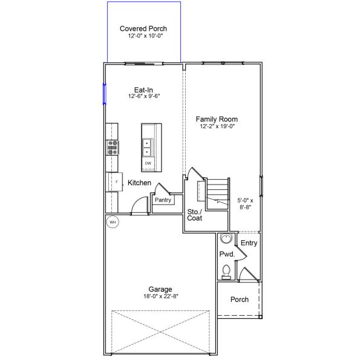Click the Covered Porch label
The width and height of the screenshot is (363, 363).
(x=143, y=28)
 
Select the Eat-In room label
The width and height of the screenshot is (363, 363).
(x=143, y=89)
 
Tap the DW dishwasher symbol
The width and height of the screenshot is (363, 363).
(x=148, y=163)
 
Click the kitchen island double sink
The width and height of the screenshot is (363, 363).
(x=147, y=148)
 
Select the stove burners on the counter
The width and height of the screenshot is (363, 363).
(x=113, y=146)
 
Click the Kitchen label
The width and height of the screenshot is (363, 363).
(x=139, y=183)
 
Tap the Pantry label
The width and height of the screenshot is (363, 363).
(x=163, y=200)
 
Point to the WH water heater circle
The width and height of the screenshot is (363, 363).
(x=113, y=222)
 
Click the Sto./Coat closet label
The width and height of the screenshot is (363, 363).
(x=194, y=215)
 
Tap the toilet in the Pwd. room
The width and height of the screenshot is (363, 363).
(x=226, y=271)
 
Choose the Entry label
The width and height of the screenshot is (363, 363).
(x=249, y=243)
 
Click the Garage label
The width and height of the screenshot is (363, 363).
(x=161, y=289)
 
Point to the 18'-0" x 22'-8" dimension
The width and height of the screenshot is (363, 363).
(x=161, y=296)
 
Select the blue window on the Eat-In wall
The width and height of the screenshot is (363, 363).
(x=105, y=93)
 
